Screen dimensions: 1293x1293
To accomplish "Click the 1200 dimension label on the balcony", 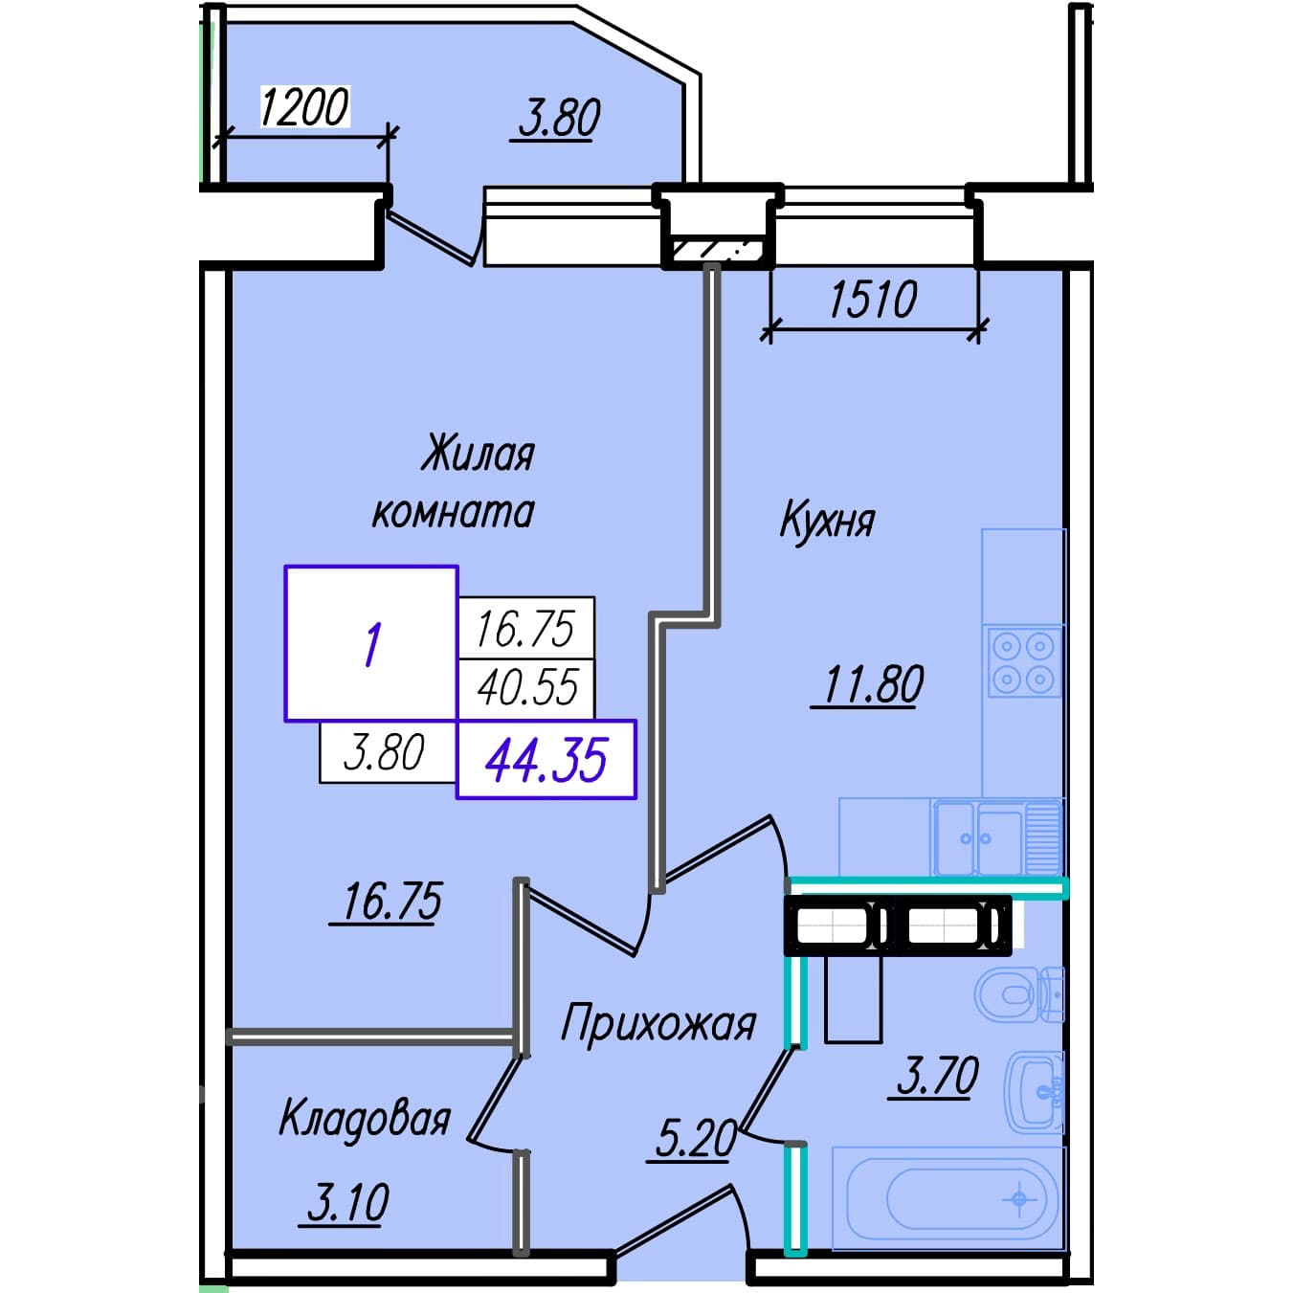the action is pos(305,107).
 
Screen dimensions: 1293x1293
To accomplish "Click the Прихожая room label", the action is pos(658,1025).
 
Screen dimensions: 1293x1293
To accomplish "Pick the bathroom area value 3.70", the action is pos(937,1076).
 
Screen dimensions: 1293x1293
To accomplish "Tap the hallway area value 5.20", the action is pos(695,1139).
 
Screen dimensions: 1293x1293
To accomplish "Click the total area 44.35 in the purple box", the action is pos(546,760).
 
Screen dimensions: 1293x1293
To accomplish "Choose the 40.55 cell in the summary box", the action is pos(527,688).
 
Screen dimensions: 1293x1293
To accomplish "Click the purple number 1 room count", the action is pos(372,645).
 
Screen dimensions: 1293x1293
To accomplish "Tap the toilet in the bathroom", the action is pos(1019,995).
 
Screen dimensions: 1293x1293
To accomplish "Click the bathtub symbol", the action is pos(948,1198).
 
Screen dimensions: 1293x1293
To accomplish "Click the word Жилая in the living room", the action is pos(478,455).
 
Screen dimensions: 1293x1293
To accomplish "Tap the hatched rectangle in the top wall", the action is pos(717,251).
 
